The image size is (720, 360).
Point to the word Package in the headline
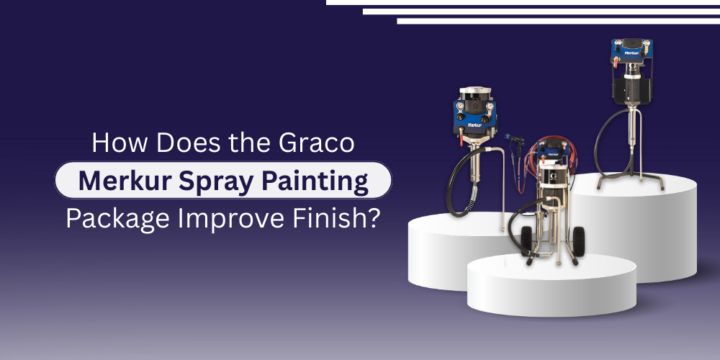coord(115,217)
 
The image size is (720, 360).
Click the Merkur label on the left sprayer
coord(474,124)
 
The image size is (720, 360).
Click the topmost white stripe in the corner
coord(522,2)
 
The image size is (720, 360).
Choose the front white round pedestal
coord(551,284)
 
